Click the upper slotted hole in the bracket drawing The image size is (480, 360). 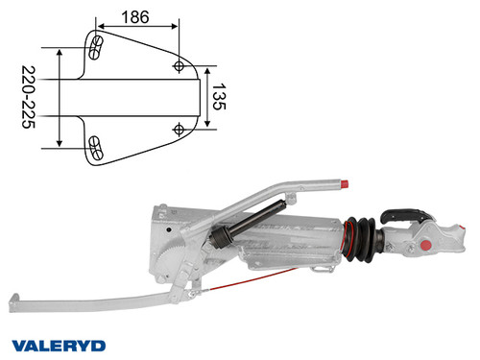pos(96,47)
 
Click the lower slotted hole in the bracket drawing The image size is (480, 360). pos(96,146)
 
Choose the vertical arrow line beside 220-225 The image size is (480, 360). pos(61,96)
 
